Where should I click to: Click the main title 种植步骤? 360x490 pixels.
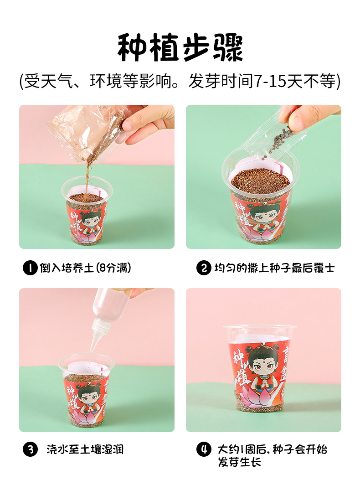(180, 47)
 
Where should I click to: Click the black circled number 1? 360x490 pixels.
(30, 268)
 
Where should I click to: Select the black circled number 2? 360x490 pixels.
(204, 268)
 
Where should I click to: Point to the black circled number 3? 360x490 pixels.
(30, 449)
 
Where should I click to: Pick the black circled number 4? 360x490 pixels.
(204, 449)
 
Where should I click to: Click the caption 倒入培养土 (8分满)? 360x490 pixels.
(85, 268)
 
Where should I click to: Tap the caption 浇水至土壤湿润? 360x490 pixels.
(85, 449)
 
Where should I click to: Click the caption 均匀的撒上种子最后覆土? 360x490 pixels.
(274, 268)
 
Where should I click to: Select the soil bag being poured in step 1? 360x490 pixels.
(84, 133)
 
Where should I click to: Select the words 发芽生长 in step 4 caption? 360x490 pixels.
(239, 462)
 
